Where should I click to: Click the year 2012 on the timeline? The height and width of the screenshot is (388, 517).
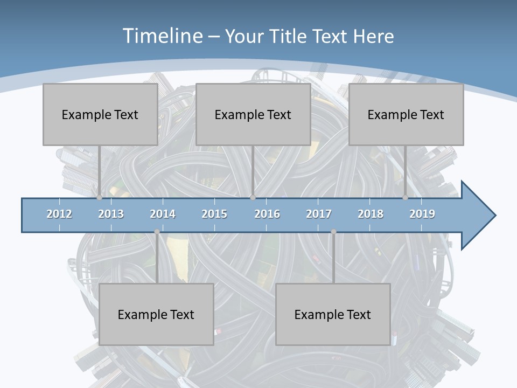click(x=59, y=214)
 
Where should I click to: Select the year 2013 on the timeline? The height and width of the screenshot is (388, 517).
click(x=111, y=214)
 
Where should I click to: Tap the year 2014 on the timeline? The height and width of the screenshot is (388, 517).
click(x=163, y=214)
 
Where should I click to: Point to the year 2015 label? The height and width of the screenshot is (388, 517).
click(x=214, y=214)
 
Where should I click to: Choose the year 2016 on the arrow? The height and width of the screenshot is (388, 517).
click(x=267, y=214)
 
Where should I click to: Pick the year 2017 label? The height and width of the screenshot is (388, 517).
click(x=319, y=214)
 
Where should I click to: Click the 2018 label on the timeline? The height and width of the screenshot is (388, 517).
click(x=371, y=214)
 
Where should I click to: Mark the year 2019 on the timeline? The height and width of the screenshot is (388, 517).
click(x=422, y=214)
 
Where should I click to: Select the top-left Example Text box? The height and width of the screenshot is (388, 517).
click(x=100, y=114)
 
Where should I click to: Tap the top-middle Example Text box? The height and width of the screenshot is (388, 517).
click(x=253, y=114)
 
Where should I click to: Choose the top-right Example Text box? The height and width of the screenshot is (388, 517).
click(x=406, y=114)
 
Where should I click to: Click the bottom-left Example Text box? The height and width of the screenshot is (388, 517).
click(x=156, y=314)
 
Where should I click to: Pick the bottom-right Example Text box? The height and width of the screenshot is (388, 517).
click(x=333, y=314)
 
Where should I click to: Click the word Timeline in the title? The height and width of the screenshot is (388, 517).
click(x=161, y=36)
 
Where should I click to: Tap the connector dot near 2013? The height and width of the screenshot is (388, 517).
click(x=99, y=198)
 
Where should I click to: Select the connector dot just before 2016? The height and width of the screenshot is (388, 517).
click(x=253, y=198)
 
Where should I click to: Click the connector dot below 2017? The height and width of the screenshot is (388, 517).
click(x=333, y=232)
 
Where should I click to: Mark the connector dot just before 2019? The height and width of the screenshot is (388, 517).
click(x=405, y=198)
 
